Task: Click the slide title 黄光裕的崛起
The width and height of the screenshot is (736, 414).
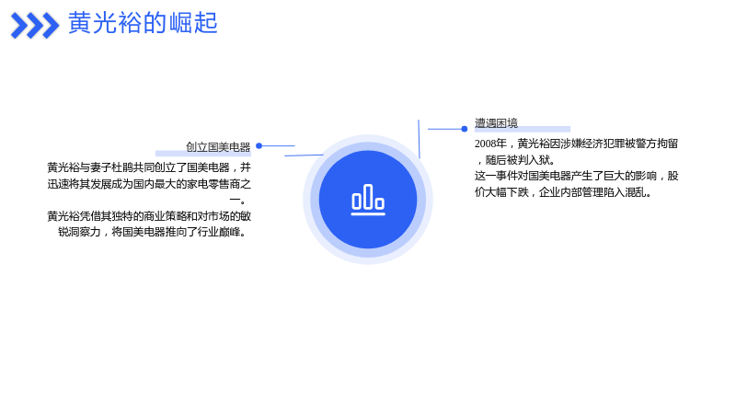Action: [x=143, y=22]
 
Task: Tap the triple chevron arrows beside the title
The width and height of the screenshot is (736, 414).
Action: [x=35, y=26]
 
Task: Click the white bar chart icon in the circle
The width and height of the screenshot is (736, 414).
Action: [x=368, y=200]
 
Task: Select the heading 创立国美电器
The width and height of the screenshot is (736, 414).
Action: [x=218, y=147]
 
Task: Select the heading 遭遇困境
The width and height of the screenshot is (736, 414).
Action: [x=496, y=123]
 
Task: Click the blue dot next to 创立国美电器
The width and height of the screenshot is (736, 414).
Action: [x=259, y=146]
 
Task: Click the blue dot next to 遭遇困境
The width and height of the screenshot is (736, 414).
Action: [x=465, y=129]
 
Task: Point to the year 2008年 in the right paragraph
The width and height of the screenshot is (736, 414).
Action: [x=490, y=144]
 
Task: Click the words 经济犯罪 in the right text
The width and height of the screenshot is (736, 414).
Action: [x=604, y=144]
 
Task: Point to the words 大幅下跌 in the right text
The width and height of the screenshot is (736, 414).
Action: [x=507, y=192]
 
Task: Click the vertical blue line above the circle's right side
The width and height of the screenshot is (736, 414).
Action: [x=419, y=139]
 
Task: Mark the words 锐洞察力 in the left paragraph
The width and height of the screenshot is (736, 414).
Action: [x=79, y=232]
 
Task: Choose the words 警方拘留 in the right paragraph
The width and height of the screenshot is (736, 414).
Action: [x=657, y=144]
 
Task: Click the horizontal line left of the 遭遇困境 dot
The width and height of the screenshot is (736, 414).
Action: [x=444, y=129]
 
